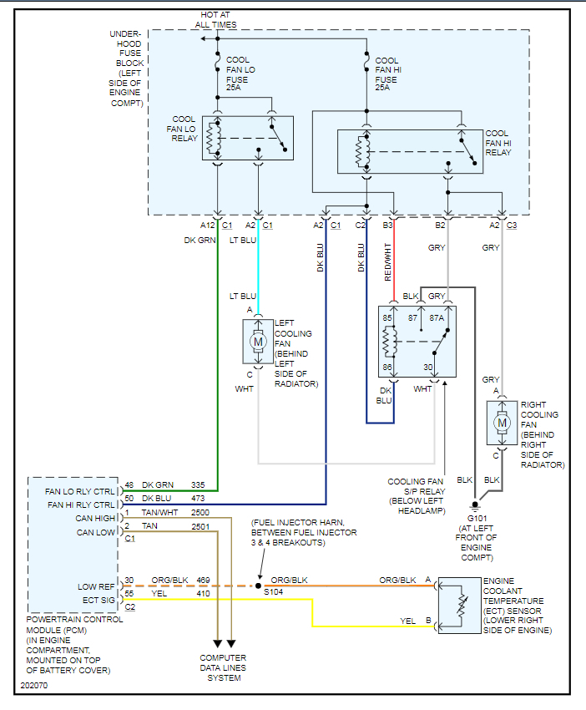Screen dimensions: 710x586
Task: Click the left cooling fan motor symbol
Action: coord(258,341)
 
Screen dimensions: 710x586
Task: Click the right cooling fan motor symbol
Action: coord(502,423)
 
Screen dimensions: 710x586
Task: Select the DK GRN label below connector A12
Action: coord(200,240)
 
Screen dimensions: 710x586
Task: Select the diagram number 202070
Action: coord(34,687)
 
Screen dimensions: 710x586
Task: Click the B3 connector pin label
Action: coord(388,225)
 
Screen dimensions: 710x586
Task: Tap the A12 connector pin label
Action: coord(207,225)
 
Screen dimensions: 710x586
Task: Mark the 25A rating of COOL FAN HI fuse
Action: coord(383,87)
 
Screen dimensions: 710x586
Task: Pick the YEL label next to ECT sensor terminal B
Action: coord(408,621)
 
